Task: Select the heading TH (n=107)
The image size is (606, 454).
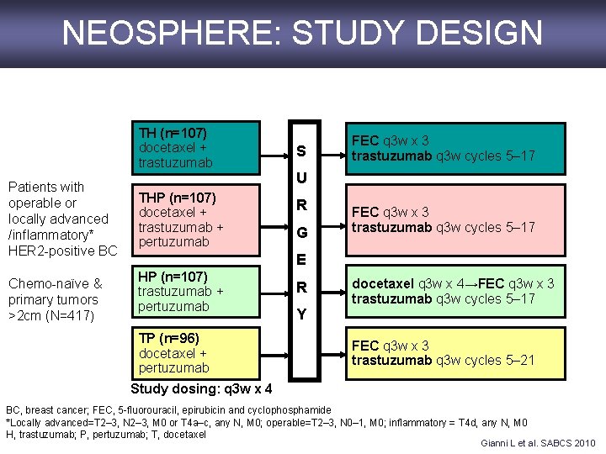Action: click(173, 133)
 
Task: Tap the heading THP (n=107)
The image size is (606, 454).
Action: click(178, 198)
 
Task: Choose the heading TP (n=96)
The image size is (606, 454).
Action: click(169, 339)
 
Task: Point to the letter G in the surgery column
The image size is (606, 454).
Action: click(301, 231)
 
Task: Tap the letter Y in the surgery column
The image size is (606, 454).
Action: click(301, 314)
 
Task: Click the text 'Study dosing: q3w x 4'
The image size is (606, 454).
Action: click(202, 389)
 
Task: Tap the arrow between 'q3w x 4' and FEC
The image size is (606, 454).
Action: click(471, 284)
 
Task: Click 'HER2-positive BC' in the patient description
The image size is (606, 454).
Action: click(62, 251)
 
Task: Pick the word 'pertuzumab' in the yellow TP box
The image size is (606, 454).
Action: click(173, 368)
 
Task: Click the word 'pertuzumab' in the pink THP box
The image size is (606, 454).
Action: click(173, 242)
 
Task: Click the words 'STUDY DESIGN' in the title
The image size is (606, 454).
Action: click(417, 33)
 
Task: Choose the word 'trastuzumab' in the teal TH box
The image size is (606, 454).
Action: click(176, 162)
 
